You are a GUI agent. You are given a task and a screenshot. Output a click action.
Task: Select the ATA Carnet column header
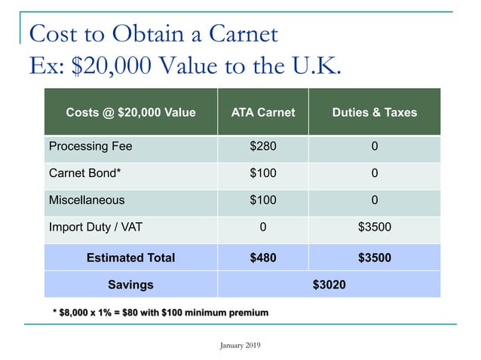(x=263, y=112)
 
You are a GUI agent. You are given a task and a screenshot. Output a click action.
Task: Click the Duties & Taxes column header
(x=374, y=112)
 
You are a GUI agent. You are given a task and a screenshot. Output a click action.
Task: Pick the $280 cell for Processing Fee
(x=263, y=145)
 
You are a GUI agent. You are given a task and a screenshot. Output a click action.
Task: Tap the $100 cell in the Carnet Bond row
(x=263, y=173)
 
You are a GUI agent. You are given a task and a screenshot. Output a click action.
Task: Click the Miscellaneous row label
(x=87, y=200)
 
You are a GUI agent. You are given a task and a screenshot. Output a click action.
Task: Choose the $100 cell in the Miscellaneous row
(x=263, y=200)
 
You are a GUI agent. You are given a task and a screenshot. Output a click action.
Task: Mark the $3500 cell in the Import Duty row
(x=374, y=227)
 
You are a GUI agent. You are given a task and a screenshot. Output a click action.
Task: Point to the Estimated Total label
(x=130, y=258)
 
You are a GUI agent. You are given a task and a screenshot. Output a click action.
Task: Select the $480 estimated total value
(x=263, y=258)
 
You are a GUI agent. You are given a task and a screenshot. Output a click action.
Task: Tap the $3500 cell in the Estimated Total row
(x=374, y=258)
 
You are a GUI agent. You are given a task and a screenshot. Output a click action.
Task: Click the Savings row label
(x=130, y=285)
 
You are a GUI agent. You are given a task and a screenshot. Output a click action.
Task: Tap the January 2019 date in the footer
(x=240, y=345)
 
